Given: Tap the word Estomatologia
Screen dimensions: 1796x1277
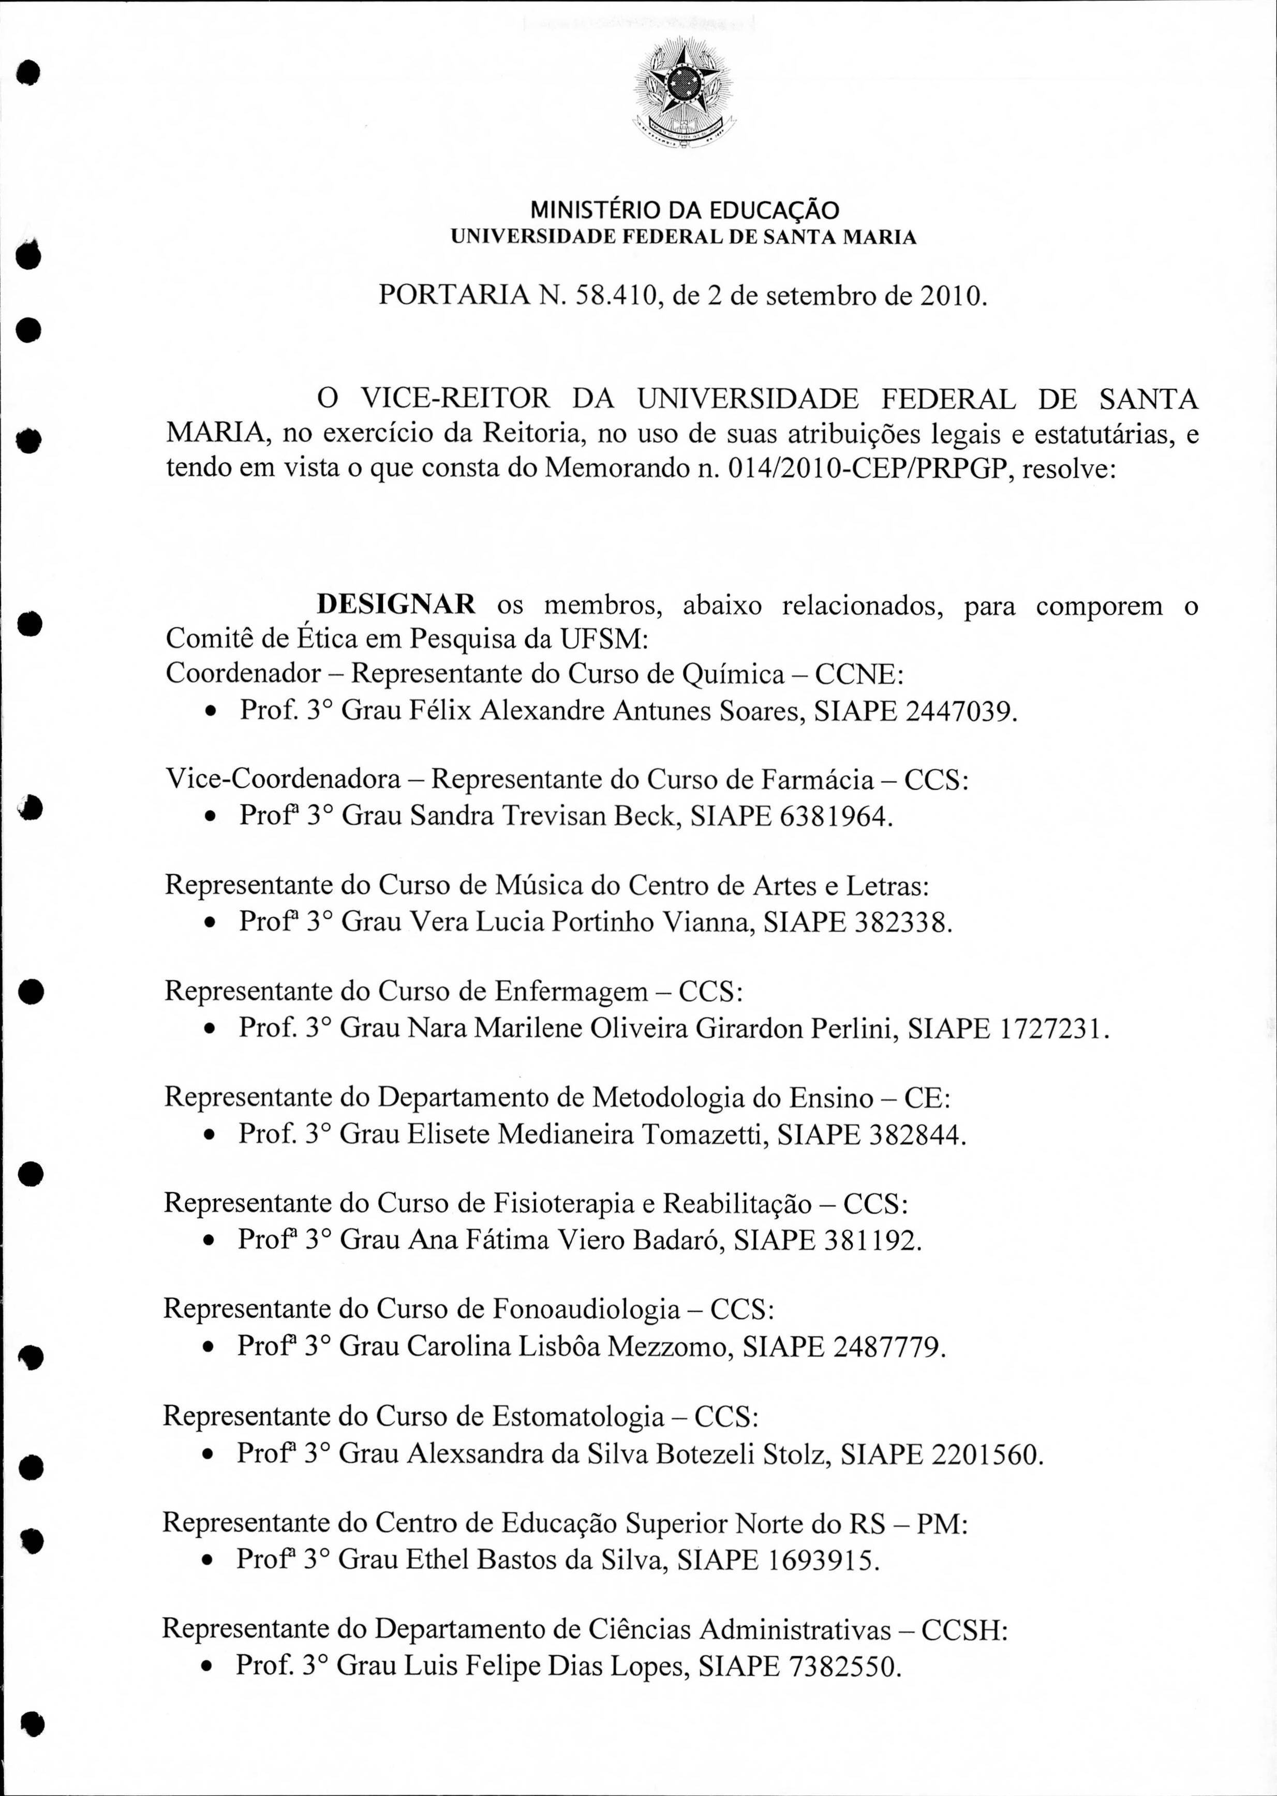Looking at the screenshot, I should point(578,1416).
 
